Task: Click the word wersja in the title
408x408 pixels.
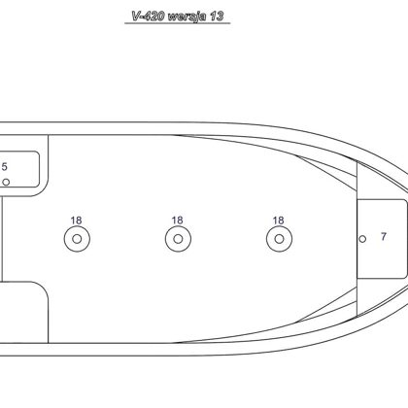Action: [187, 17]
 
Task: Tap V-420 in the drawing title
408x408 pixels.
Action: [148, 16]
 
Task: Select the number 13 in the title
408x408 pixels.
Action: [217, 16]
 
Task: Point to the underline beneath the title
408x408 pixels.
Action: [178, 23]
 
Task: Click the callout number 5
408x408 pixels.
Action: [4, 167]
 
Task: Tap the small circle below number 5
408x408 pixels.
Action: [6, 183]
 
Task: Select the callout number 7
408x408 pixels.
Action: [384, 237]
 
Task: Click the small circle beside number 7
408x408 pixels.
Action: [362, 239]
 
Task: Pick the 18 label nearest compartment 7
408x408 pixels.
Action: [278, 221]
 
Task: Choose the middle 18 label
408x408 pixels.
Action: [177, 221]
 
